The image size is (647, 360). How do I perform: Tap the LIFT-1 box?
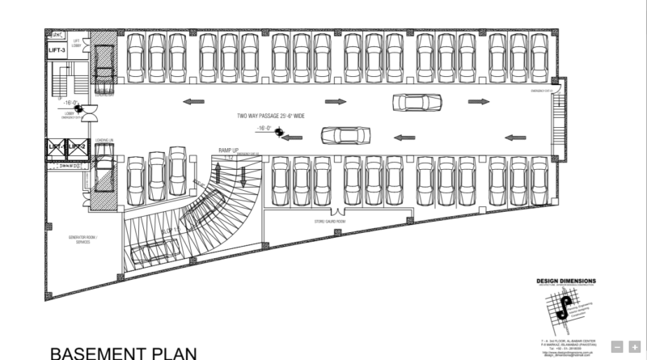click(57, 146)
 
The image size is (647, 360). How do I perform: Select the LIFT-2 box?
click(77, 146)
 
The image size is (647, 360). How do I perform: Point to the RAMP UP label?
click(230, 151)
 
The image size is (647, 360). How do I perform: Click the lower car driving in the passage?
click(339, 134)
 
